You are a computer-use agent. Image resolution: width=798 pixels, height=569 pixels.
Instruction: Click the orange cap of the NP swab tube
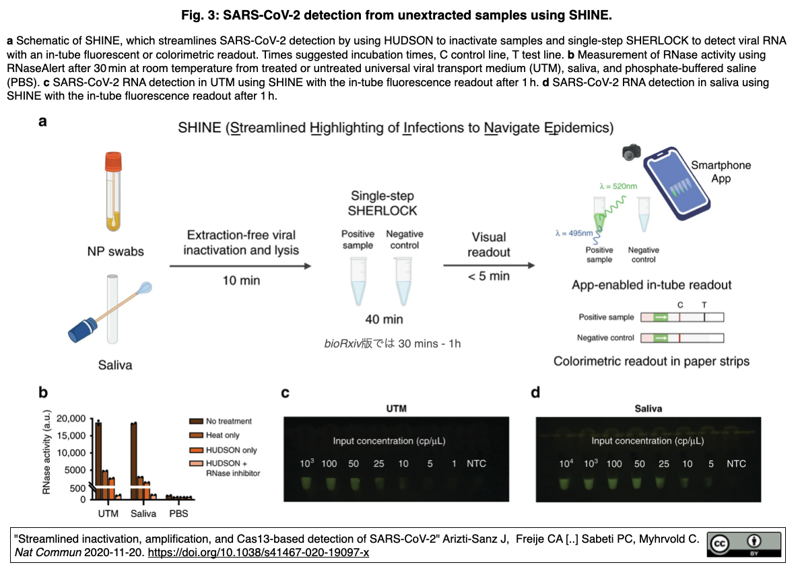pyautogui.click(x=113, y=162)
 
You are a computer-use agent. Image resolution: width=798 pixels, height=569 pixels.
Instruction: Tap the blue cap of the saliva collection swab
pyautogui.click(x=82, y=330)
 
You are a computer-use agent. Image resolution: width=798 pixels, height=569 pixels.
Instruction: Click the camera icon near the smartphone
pyautogui.click(x=632, y=152)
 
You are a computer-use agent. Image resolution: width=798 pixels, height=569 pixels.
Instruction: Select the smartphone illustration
pyautogui.click(x=676, y=183)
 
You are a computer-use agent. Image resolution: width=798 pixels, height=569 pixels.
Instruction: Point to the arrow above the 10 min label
pyautogui.click(x=240, y=266)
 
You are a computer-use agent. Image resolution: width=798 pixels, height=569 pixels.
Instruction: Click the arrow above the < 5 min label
pyautogui.click(x=489, y=265)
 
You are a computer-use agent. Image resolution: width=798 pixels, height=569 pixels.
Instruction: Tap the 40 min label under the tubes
pyautogui.click(x=384, y=320)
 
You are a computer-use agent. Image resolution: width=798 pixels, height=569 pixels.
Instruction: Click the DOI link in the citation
pyautogui.click(x=259, y=553)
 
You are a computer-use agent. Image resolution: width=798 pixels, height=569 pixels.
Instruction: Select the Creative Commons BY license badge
pyautogui.click(x=743, y=545)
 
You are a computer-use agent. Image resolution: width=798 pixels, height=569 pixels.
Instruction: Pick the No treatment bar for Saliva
pyautogui.click(x=134, y=461)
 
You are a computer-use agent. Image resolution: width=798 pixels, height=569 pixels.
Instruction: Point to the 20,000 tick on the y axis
pyautogui.click(x=71, y=419)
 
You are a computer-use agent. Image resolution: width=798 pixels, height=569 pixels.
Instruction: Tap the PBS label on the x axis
pyautogui.click(x=178, y=514)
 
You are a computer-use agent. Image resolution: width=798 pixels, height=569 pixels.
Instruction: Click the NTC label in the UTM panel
pyautogui.click(x=476, y=464)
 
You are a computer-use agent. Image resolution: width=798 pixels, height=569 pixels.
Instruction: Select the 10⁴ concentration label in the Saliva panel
pyautogui.click(x=566, y=463)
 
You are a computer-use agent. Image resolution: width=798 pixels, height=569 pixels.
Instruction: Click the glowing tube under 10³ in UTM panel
pyautogui.click(x=306, y=483)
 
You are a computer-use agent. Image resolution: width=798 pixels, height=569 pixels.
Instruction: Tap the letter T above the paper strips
pyautogui.click(x=704, y=305)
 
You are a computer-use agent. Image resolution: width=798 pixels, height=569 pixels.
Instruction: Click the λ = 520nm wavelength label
pyautogui.click(x=618, y=187)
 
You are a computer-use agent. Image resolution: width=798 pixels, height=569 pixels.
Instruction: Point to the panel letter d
pyautogui.click(x=535, y=393)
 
